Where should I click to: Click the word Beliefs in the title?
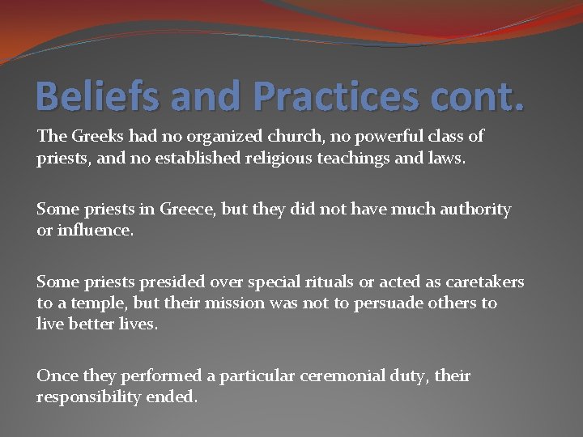[87, 95]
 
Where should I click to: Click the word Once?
[55, 376]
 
